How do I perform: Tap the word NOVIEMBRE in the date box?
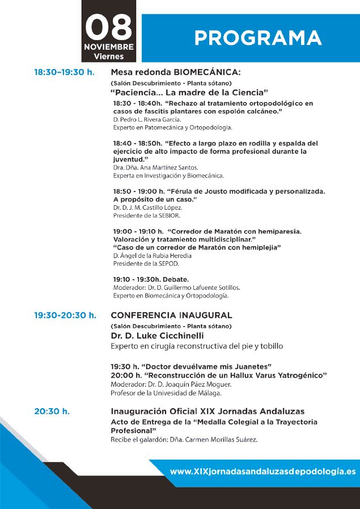pos(109,46)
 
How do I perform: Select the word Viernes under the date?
pos(109,56)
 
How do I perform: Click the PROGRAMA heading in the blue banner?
pos(258,38)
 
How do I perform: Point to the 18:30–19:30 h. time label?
pos(64,73)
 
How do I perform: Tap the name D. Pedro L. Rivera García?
pos(147,120)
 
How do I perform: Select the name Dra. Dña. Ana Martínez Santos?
pos(155,168)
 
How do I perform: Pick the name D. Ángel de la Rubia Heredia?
pos(153,256)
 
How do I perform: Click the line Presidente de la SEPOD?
pos(143,264)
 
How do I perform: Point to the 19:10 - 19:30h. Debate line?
pos(151,279)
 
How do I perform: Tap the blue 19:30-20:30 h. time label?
pos(65,315)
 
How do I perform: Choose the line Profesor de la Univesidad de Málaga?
pos(166,393)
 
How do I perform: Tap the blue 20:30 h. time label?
pos(52,412)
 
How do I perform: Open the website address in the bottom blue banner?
pos(262,472)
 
